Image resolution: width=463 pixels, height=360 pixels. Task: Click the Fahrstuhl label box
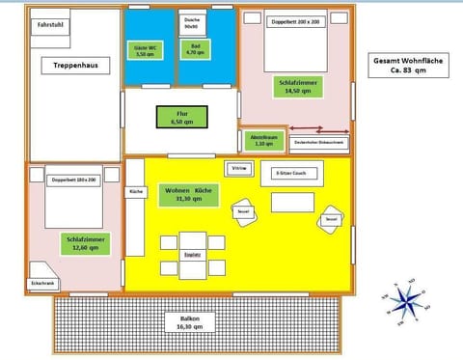48,27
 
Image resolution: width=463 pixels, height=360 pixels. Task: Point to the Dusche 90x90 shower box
193,22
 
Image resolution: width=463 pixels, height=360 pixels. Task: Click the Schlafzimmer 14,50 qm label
296,87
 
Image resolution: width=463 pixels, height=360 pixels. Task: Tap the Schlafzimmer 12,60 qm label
87,240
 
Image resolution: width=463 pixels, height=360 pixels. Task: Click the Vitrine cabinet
239,168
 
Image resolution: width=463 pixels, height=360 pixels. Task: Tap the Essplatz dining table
193,254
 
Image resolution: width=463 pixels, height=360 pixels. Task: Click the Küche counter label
136,192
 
